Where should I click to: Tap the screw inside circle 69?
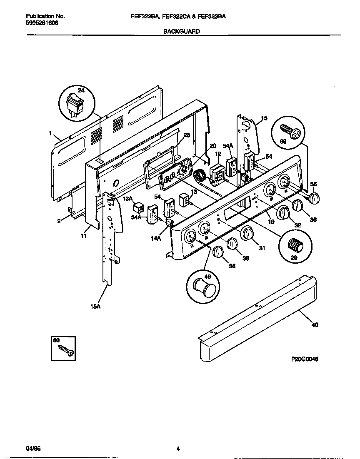pos(290,133)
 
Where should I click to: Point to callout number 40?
pos(315,324)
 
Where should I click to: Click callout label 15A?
pos(96,306)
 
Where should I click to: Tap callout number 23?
pos(186,135)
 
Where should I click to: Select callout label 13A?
pos(127,198)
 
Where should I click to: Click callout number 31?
pos(262,249)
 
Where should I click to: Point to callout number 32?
pos(297,225)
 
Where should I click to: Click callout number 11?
pos(83,236)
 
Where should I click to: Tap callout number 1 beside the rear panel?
pos(50,133)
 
